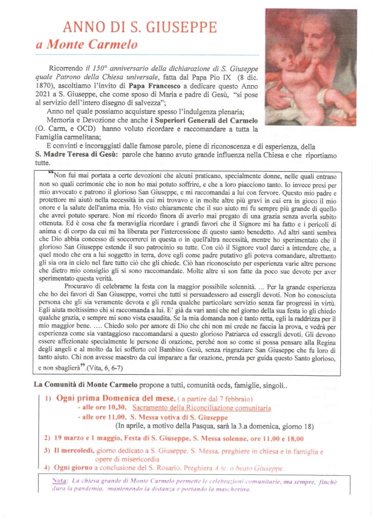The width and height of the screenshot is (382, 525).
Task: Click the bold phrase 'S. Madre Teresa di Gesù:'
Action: pyautogui.click(x=75, y=154)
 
